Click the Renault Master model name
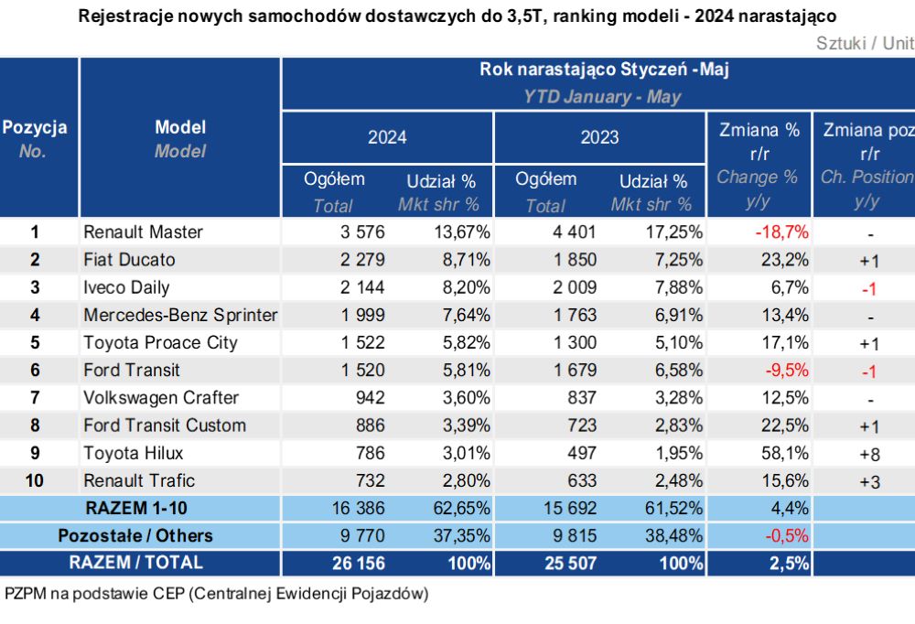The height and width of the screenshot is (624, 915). [x=143, y=231]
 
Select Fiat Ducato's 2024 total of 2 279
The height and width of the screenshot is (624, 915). [x=362, y=259]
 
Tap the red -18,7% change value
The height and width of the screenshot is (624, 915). [x=782, y=231]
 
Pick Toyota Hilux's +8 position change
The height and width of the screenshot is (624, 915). [x=869, y=454]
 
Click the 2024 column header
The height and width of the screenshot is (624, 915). [x=387, y=137]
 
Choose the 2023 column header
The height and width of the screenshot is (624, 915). [x=599, y=137]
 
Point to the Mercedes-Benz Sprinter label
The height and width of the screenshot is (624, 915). [x=180, y=315]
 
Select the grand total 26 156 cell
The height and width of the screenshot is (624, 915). [x=359, y=563]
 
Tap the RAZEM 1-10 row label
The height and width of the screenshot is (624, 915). [x=136, y=508]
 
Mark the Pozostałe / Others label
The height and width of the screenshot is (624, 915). [x=135, y=535]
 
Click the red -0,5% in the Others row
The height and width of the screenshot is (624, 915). [x=787, y=535]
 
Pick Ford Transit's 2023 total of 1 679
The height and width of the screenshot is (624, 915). [x=575, y=370]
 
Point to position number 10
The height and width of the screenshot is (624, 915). [x=35, y=480]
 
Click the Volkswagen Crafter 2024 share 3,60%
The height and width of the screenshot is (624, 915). [x=467, y=397]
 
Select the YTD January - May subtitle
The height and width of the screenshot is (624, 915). [x=602, y=96]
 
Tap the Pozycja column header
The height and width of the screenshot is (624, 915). [x=35, y=127]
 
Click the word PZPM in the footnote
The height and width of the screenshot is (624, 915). [x=25, y=594]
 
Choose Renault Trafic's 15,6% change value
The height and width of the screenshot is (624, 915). [x=785, y=480]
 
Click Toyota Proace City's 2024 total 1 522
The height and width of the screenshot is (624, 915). [x=362, y=342]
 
